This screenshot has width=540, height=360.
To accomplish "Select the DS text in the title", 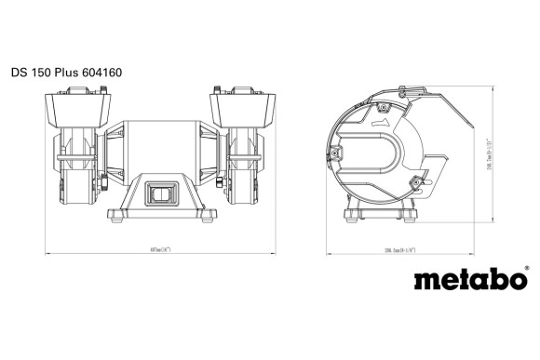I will (20, 72).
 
